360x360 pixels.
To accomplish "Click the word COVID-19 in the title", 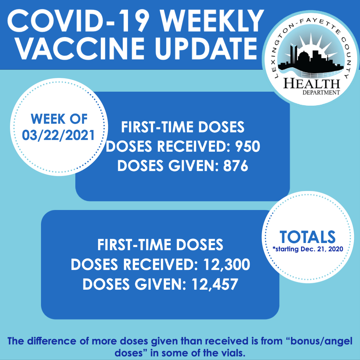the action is click(77, 21).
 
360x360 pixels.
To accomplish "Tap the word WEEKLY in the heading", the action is click(212, 21).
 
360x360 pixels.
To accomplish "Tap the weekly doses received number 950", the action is click(247, 146).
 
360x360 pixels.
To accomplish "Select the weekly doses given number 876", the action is click(236, 166).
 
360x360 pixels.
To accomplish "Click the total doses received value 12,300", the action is click(226, 264).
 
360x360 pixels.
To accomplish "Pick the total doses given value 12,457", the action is click(215, 284).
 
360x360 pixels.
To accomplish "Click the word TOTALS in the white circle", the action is click(307, 237).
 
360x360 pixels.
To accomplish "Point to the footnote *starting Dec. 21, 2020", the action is click(308, 249).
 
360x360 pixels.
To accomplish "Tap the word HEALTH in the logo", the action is click(312, 84).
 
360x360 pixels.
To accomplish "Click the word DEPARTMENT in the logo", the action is click(321, 93).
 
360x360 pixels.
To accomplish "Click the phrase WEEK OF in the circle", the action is click(59, 119).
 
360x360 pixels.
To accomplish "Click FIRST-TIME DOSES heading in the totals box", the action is click(160, 245).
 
